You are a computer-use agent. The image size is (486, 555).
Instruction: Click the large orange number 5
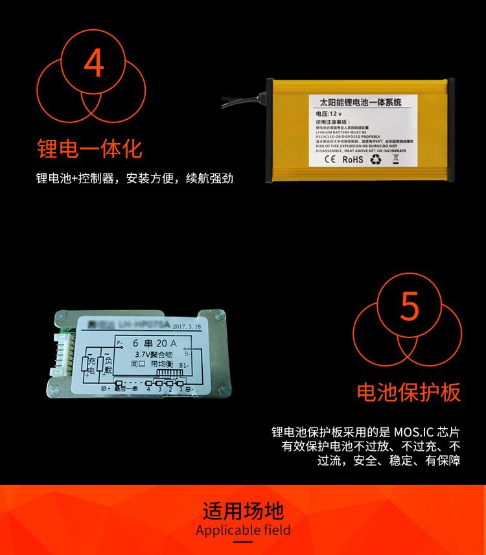(x=410, y=307)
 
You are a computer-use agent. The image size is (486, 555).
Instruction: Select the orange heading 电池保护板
(x=409, y=392)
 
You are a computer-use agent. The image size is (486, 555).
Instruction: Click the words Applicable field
(x=243, y=531)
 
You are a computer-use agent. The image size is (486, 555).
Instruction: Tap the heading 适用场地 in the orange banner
(x=243, y=510)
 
